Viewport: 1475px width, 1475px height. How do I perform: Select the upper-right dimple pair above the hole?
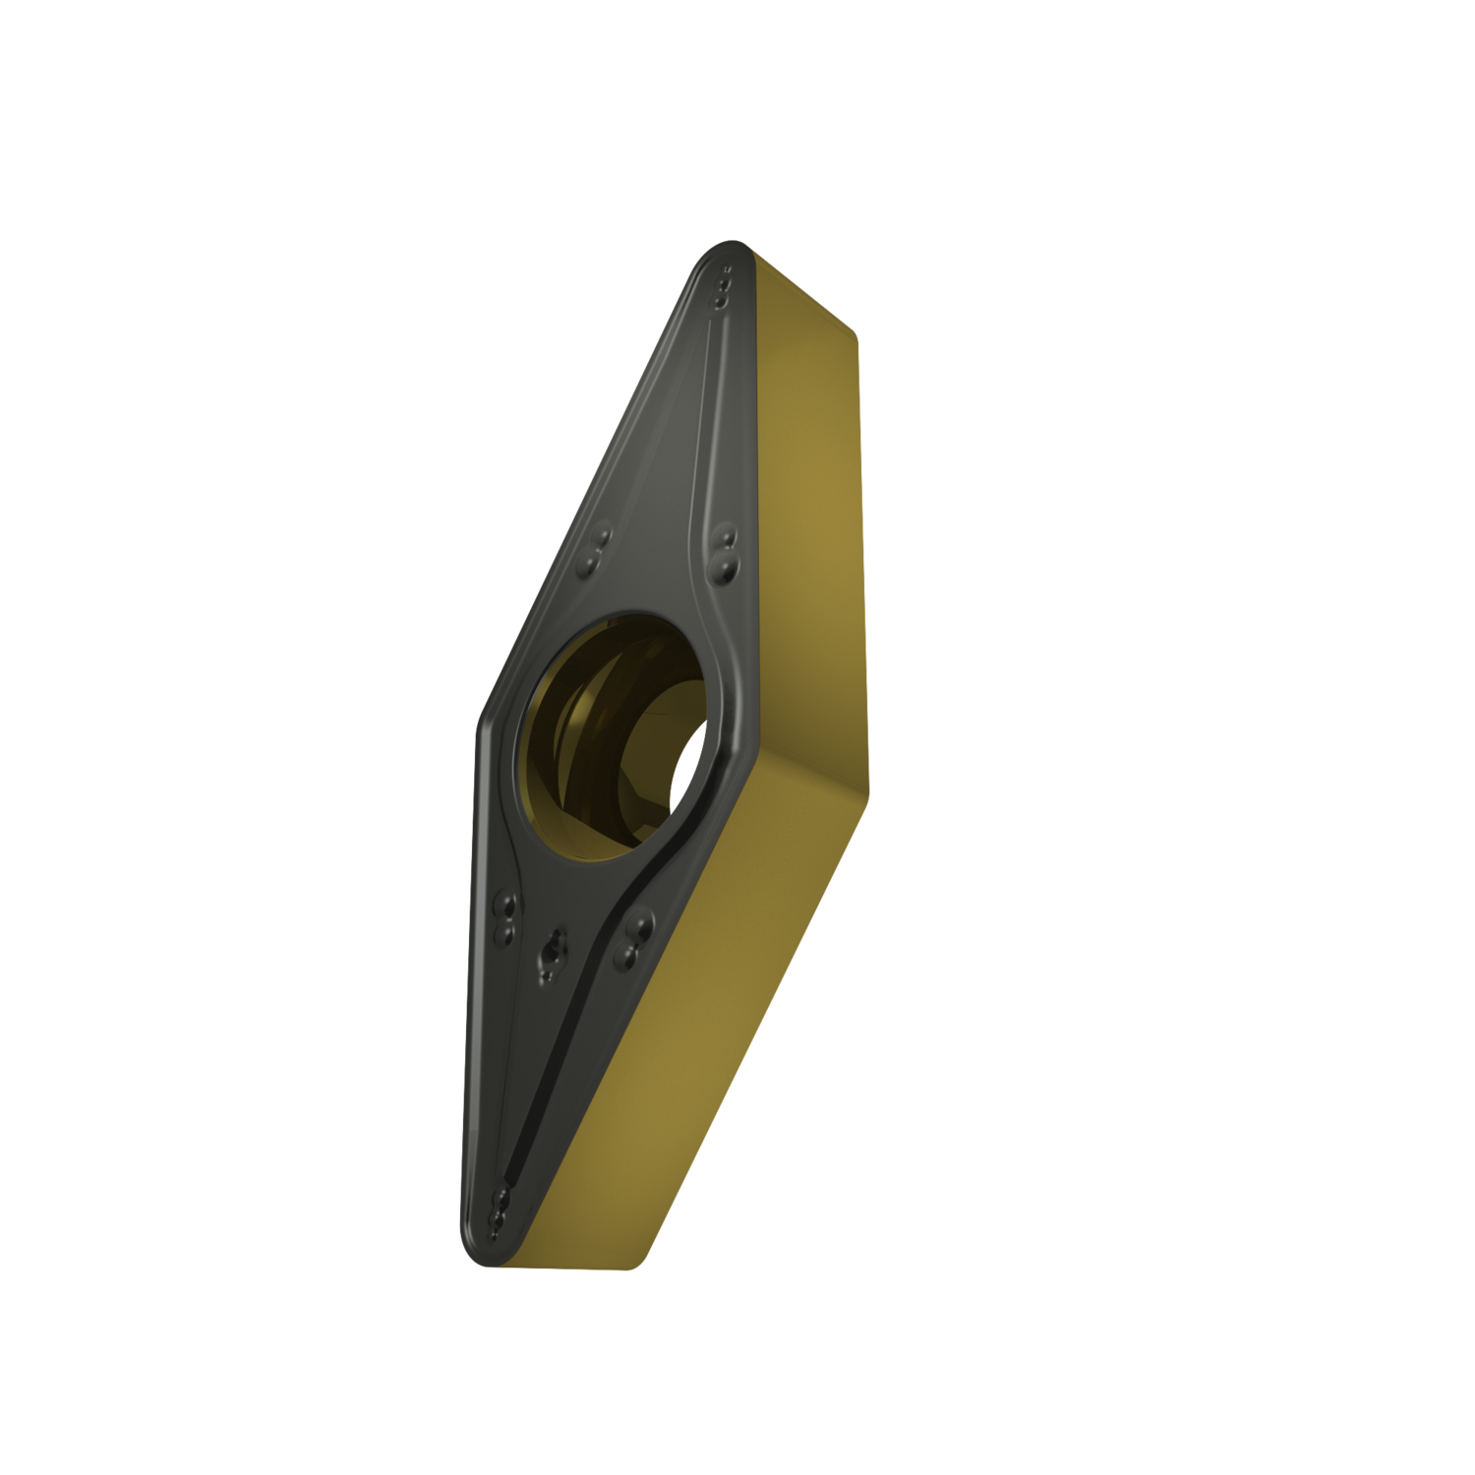click(x=726, y=551)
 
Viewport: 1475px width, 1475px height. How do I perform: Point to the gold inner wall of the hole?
click(x=565, y=747)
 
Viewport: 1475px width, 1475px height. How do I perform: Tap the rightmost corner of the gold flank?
click(x=869, y=787)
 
